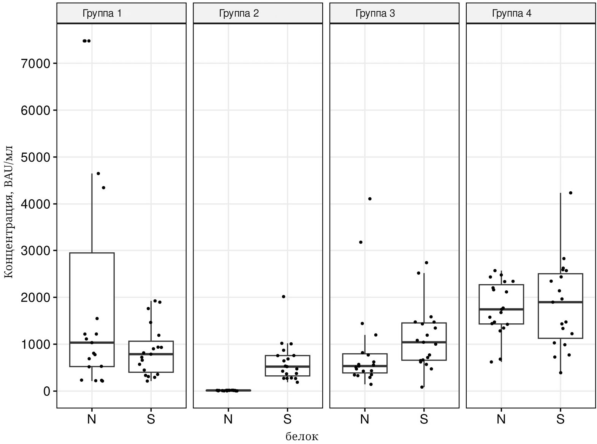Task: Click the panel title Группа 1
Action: coord(102,14)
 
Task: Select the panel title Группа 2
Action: coord(239,14)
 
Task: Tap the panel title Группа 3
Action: coord(375,14)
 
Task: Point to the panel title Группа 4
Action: coord(511,14)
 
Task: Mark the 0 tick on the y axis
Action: coord(46,391)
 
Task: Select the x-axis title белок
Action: coord(302,436)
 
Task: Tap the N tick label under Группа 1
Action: coord(92,419)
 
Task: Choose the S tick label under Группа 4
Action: coord(560,419)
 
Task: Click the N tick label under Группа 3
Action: coord(364,419)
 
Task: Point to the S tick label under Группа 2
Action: coord(287,419)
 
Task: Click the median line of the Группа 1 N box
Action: coord(92,343)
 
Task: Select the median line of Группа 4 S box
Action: coord(561,302)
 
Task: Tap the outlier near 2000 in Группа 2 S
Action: coord(283,297)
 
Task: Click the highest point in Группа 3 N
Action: coord(370,199)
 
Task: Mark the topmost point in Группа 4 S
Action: coord(570,193)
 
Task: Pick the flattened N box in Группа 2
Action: coord(228,390)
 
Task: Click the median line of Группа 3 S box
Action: coord(424,342)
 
